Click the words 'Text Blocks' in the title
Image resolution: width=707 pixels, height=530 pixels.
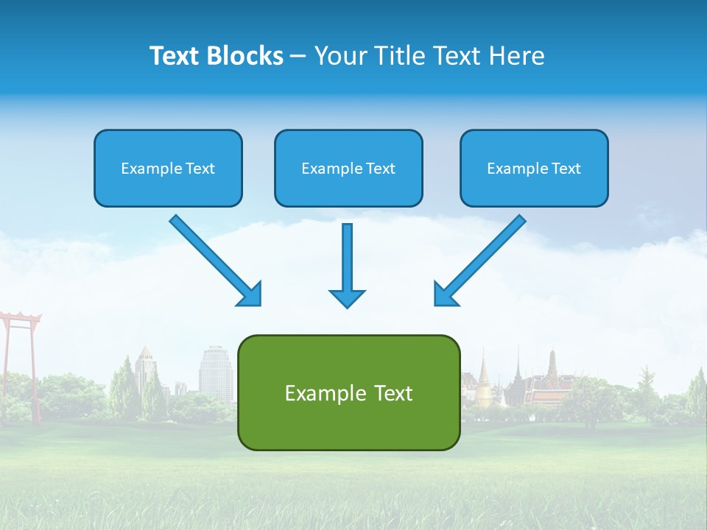point(216,56)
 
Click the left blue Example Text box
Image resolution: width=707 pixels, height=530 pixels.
point(168,168)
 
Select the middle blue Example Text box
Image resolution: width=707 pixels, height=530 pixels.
point(348,168)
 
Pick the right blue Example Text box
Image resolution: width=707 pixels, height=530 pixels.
point(534,168)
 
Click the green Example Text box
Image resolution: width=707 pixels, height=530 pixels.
point(348,392)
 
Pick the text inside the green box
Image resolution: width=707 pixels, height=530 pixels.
point(348,392)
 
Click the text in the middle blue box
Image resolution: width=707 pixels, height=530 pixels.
point(348,169)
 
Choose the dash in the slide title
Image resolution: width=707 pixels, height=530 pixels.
point(298,56)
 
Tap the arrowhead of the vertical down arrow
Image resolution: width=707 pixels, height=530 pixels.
point(347,297)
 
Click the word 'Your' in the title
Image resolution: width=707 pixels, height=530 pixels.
point(340,56)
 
